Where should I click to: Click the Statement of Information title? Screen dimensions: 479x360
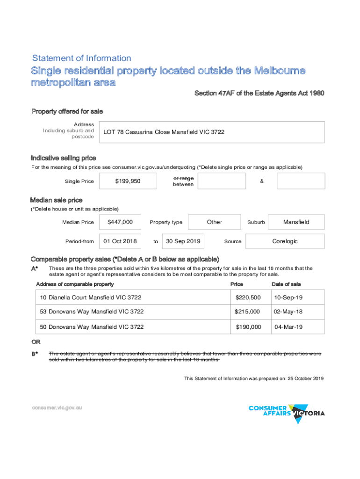81,58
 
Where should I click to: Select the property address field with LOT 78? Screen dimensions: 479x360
213,132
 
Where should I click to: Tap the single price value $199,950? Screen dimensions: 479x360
128,181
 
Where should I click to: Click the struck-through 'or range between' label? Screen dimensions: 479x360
183,181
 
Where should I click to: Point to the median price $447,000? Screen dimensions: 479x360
120,222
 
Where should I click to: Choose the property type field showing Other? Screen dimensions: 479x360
215,222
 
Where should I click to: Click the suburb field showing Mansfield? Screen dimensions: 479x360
296,222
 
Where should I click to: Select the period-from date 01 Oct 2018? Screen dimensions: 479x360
120,241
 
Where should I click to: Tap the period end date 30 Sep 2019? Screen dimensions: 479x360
183,241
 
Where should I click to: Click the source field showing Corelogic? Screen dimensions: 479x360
285,241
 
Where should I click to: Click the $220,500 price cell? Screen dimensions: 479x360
248,298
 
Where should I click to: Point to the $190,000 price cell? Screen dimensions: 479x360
248,327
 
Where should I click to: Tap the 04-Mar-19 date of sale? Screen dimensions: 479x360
288,327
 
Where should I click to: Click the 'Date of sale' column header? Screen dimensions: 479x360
286,284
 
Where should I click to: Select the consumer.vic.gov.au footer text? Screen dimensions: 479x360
57,407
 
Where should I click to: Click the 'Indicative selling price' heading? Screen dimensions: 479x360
64,158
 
